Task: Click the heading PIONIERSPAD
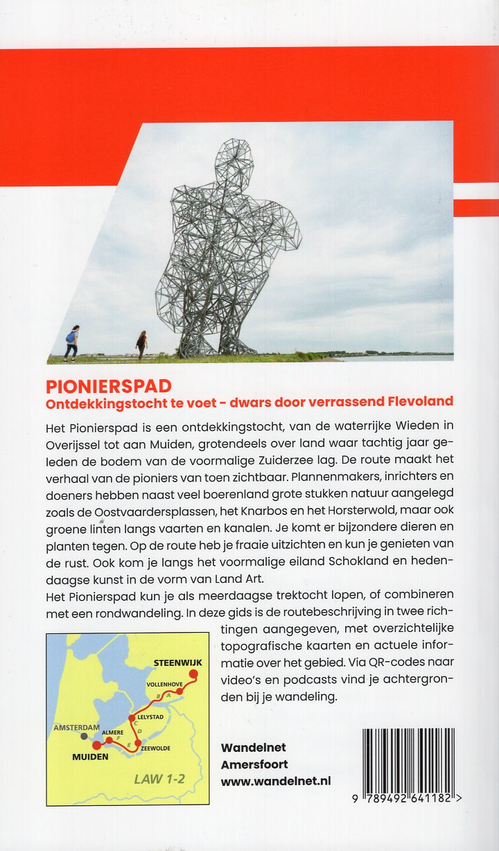click(109, 385)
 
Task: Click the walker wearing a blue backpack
click(72, 343)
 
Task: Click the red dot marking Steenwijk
click(193, 674)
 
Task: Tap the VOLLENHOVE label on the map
click(164, 684)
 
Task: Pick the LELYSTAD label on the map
click(150, 717)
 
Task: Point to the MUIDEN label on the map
click(91, 757)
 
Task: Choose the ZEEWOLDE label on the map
click(155, 748)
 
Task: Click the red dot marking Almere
click(109, 740)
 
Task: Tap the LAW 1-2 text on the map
click(159, 779)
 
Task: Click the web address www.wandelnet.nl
click(275, 780)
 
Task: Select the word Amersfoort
click(254, 764)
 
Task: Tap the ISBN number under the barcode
click(409, 798)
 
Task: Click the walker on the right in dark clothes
click(142, 344)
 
